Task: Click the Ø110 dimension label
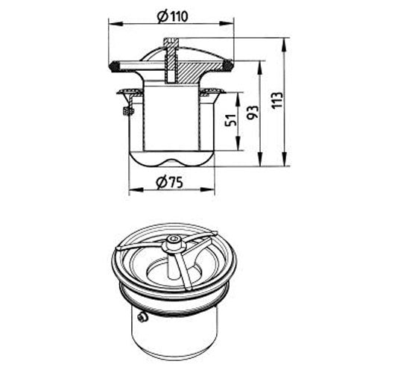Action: point(173,16)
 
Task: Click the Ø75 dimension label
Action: point(169,182)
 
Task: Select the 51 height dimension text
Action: point(230,120)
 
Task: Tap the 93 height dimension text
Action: point(253,112)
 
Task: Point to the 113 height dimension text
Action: point(277,100)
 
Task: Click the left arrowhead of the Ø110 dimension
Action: point(116,24)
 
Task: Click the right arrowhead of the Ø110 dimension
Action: point(227,24)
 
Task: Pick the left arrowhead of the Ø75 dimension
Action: point(136,189)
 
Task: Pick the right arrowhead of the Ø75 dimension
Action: point(207,189)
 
